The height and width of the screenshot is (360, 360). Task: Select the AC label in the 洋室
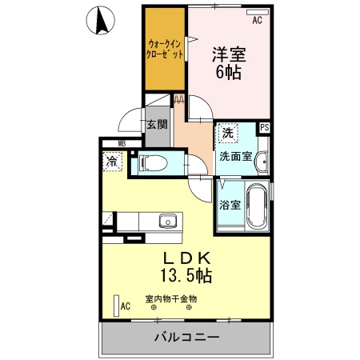click(x=257, y=22)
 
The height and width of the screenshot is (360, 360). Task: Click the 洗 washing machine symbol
click(x=229, y=133)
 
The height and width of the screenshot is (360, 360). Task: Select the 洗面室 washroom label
click(x=236, y=156)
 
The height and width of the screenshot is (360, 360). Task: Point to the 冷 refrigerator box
click(x=112, y=161)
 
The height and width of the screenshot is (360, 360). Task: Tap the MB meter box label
click(x=122, y=144)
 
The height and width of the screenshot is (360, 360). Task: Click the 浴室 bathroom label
click(x=230, y=204)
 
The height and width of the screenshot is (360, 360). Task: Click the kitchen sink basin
click(x=167, y=221)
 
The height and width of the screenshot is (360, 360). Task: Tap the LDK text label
click(x=187, y=258)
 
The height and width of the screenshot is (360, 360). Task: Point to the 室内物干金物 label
click(x=171, y=299)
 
